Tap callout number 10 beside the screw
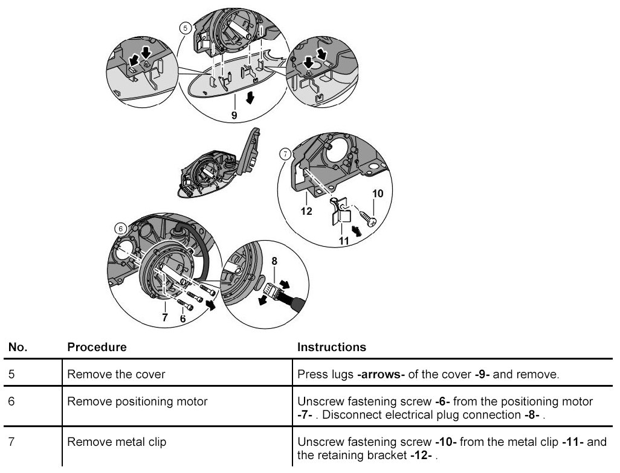point(378,194)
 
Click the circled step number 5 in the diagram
point(186,28)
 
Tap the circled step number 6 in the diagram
point(121,229)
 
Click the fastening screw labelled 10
point(366,214)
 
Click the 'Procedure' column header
point(97,348)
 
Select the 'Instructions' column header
point(332,348)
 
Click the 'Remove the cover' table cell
point(116,375)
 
